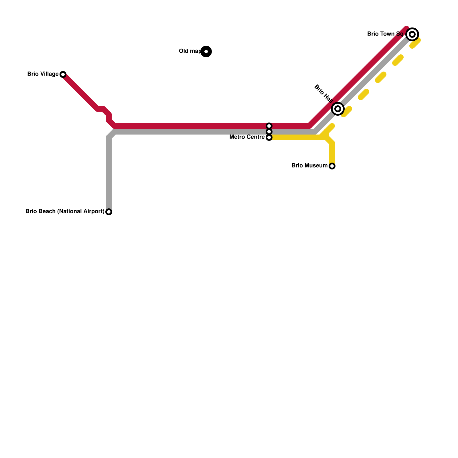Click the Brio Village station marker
click(63, 74)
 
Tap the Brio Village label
click(43, 74)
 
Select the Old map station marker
click(206, 52)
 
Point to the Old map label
click(190, 51)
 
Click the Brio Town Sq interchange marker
click(412, 34)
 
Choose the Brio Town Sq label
click(385, 34)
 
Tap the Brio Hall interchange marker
click(338, 109)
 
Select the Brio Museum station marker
click(332, 166)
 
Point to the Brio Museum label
click(309, 166)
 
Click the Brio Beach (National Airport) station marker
click(109, 212)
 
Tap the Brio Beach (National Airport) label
click(65, 212)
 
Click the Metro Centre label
click(247, 137)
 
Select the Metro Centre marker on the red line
click(269, 126)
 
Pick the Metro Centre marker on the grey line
click(269, 132)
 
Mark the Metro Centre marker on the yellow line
click(269, 137)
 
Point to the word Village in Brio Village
click(50, 74)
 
